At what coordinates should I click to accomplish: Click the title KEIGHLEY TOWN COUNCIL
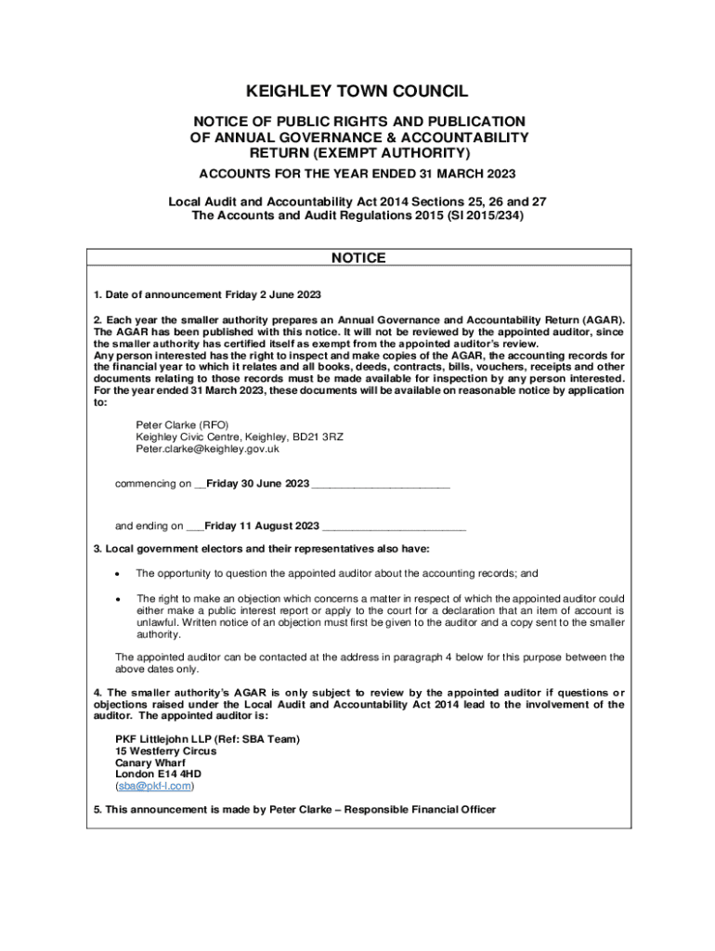(357, 91)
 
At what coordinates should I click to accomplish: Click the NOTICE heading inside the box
(358, 258)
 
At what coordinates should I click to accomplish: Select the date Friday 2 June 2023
(273, 295)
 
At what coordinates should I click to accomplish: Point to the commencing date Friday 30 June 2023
(258, 484)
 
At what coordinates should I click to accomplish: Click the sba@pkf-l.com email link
(154, 786)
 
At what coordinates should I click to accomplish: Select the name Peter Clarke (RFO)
(182, 424)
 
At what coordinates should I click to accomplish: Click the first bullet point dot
(115, 574)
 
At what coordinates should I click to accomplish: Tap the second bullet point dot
(115, 599)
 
